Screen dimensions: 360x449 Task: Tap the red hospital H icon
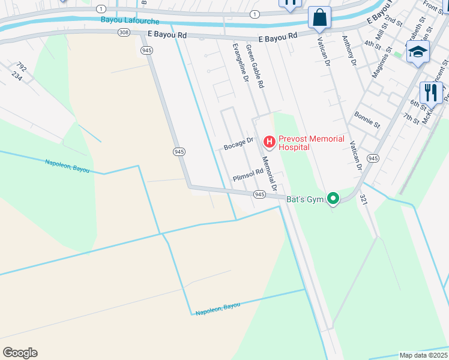(x=270, y=142)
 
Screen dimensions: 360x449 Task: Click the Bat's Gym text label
(x=304, y=199)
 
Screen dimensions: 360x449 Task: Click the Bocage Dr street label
(x=238, y=145)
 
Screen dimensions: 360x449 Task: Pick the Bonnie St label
(x=367, y=119)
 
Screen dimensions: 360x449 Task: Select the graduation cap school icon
(x=418, y=52)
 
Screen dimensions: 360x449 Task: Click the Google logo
(x=20, y=353)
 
